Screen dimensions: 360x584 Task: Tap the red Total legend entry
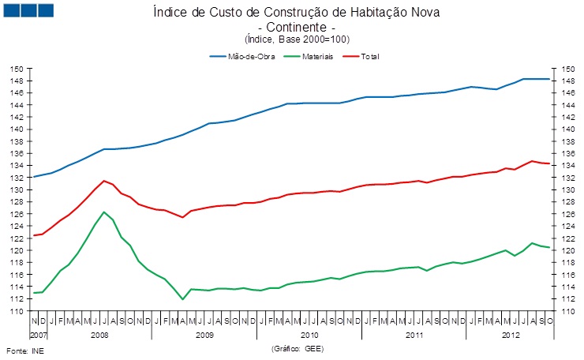370,57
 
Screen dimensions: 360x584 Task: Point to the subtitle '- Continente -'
293,27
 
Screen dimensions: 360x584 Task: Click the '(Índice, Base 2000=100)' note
293,39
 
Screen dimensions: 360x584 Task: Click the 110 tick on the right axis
565,311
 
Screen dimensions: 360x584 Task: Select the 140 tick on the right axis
565,129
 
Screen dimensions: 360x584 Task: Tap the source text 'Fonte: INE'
21,349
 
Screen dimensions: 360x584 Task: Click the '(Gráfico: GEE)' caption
297,348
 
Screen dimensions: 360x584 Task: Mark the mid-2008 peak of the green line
104,212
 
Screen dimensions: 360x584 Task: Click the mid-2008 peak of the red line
104,181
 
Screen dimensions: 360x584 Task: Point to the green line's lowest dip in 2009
182,299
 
